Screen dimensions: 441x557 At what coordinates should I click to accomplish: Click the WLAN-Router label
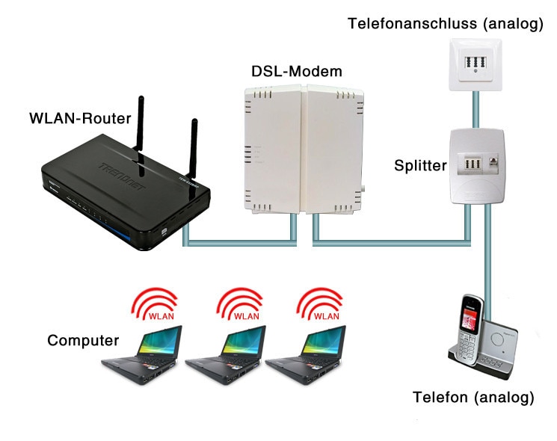pyautogui.click(x=80, y=118)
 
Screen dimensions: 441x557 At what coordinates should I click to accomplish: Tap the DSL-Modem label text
pyautogui.click(x=296, y=73)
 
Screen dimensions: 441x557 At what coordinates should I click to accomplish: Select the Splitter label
pyautogui.click(x=419, y=165)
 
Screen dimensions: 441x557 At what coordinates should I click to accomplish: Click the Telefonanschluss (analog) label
pyautogui.click(x=445, y=24)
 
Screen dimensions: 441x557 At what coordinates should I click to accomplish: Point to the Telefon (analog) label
pyautogui.click(x=473, y=397)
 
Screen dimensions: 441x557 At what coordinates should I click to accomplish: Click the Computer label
pyautogui.click(x=83, y=341)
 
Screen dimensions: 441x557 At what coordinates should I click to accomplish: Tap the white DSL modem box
pyautogui.click(x=302, y=149)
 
